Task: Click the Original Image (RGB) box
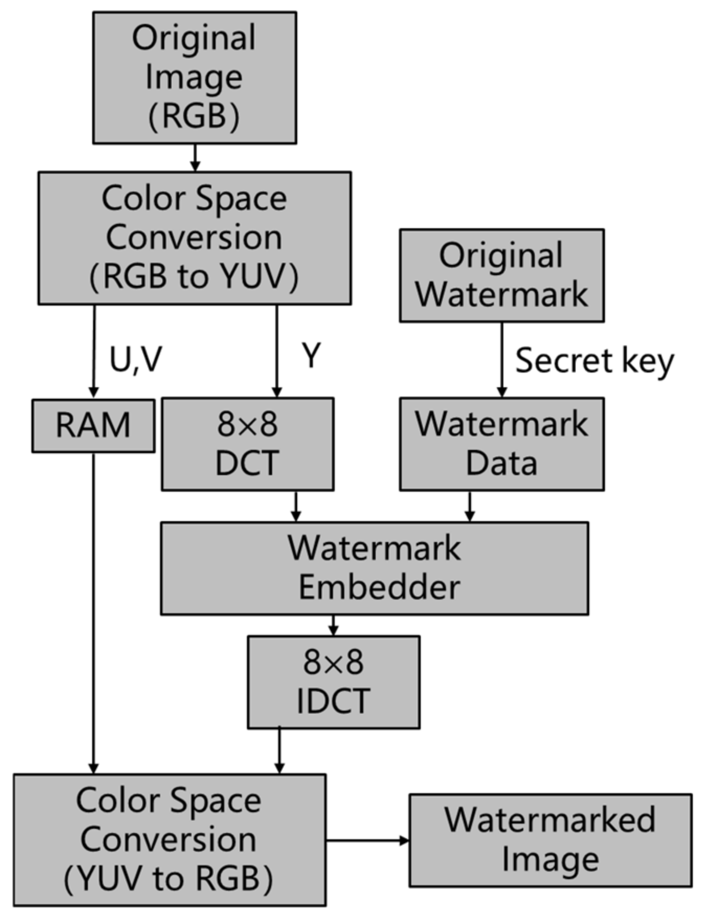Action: [x=194, y=77]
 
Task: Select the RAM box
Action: [x=93, y=425]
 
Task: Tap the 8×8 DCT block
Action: [x=247, y=444]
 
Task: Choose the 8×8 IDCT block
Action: [x=333, y=682]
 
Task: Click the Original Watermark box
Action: [x=501, y=275]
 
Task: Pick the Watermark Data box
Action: [x=501, y=444]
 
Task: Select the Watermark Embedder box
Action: [x=374, y=568]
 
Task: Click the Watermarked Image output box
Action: [x=550, y=840]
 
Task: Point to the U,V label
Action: [x=135, y=360]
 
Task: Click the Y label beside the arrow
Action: [x=311, y=356]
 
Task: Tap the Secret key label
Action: [x=594, y=361]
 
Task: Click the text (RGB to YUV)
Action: [x=194, y=276]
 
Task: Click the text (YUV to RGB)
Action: [x=168, y=878]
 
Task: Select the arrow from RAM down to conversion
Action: [x=94, y=612]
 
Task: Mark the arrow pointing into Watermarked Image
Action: [x=367, y=840]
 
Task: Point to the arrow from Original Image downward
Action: [x=195, y=157]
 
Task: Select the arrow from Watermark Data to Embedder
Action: [x=469, y=506]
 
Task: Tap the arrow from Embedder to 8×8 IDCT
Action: [x=333, y=625]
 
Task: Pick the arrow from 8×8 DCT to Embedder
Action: [x=296, y=506]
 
